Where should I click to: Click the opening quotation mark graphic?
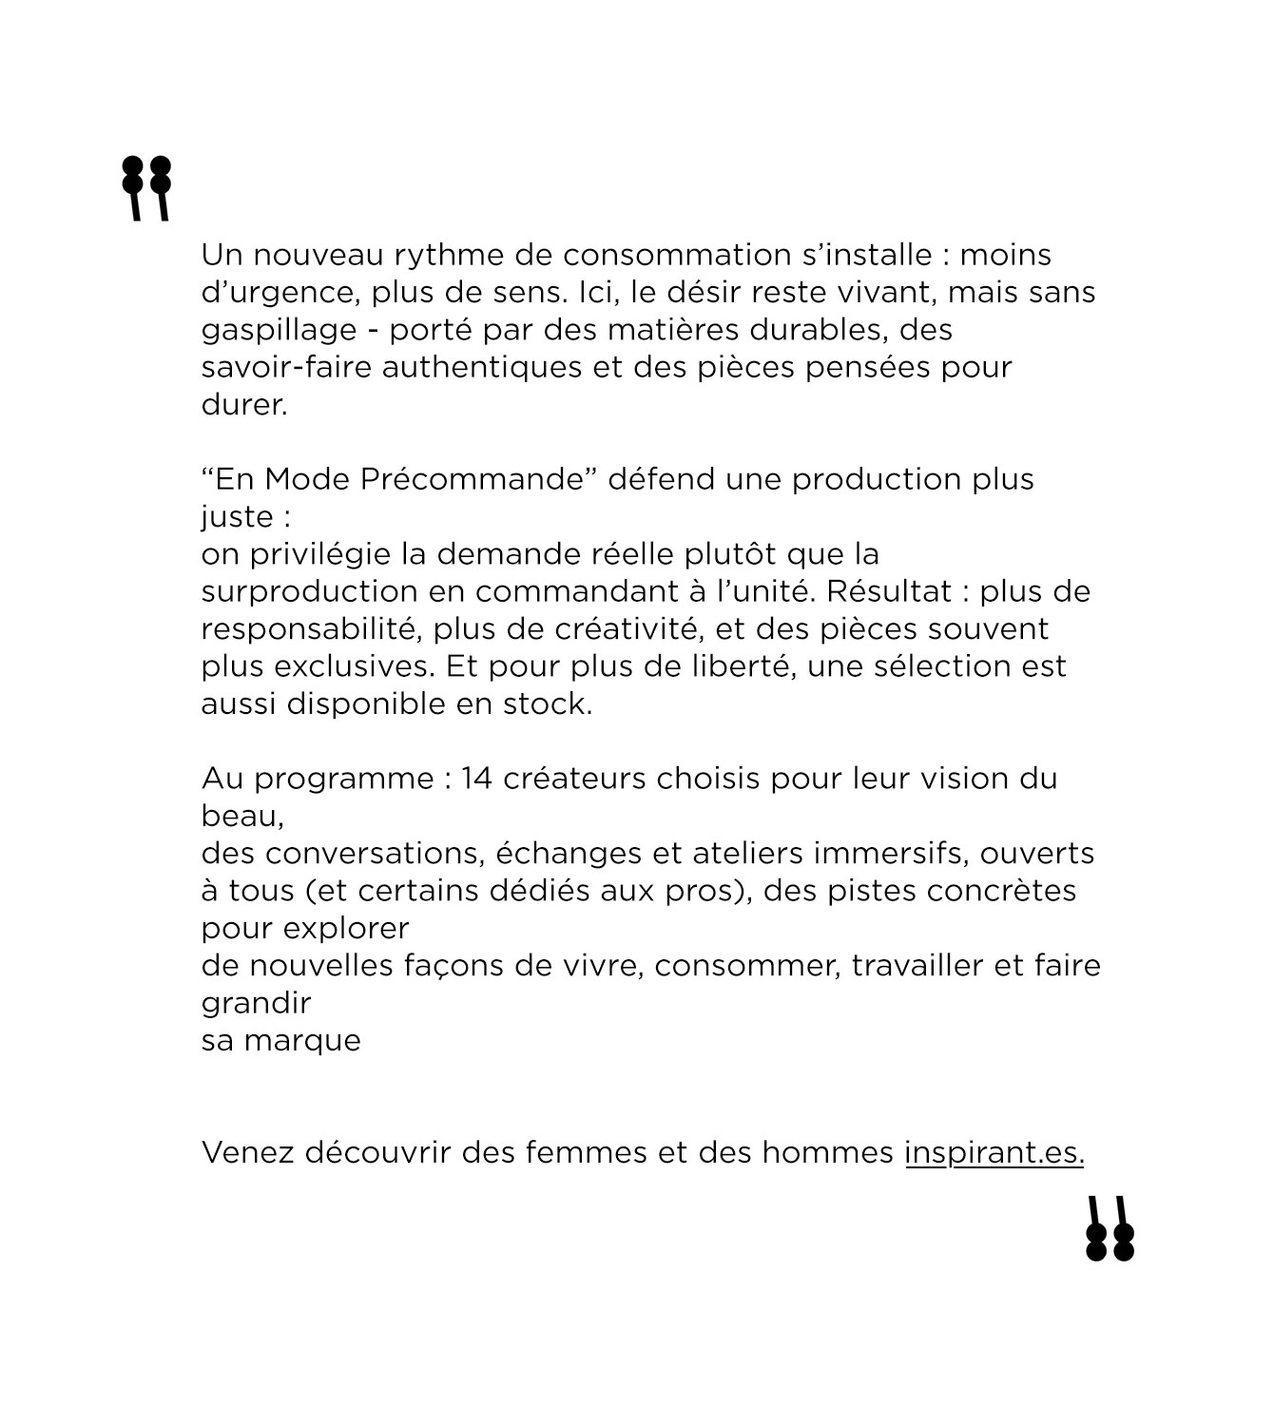(146, 188)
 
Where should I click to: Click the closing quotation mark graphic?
(1110, 1228)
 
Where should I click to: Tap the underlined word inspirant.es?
(994, 1153)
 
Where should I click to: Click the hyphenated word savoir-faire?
(286, 367)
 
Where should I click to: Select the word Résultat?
(885, 591)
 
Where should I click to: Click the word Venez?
(247, 1153)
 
